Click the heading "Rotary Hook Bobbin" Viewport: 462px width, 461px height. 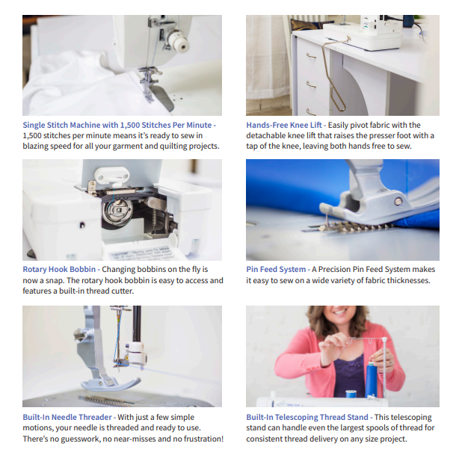(x=59, y=269)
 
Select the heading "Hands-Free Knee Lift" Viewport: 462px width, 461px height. (x=284, y=126)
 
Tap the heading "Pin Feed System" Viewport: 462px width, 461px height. (x=276, y=269)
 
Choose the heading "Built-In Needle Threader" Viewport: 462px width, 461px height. (x=67, y=417)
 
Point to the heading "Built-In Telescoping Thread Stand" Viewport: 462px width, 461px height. (x=307, y=417)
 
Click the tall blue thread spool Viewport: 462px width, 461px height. (x=372, y=380)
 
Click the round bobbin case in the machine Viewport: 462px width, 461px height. (x=117, y=211)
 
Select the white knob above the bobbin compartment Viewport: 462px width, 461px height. (x=111, y=175)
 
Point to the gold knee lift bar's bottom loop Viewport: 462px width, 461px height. (x=339, y=102)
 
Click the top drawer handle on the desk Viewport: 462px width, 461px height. (x=311, y=56)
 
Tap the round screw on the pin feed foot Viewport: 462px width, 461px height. (x=398, y=202)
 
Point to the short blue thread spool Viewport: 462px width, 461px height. (x=351, y=394)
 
